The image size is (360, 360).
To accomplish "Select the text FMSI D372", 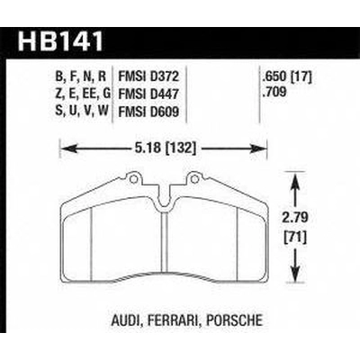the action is tap(148, 76).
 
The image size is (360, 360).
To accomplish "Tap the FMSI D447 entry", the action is tap(148, 94).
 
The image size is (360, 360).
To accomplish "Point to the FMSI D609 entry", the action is tap(148, 112).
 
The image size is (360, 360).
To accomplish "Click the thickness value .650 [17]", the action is tap(287, 76).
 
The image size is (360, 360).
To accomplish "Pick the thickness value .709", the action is tap(274, 92).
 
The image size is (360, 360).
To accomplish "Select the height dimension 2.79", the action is tap(296, 218).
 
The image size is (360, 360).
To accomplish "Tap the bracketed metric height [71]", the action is tap(295, 238).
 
